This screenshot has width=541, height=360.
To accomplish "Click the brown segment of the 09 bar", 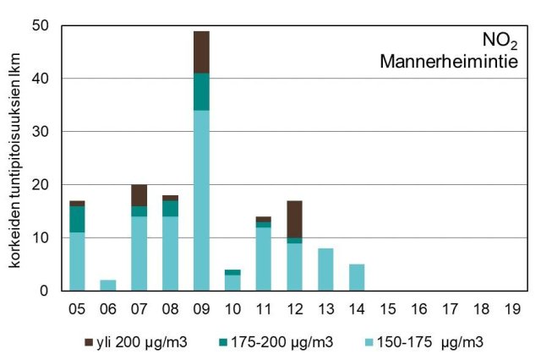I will (x=201, y=52).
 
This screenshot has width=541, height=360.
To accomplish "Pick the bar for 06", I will (x=108, y=286).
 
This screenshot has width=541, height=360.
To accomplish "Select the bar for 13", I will (x=325, y=270).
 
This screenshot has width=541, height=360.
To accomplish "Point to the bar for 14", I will (x=357, y=277).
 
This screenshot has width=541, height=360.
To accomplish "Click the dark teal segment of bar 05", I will (x=77, y=219).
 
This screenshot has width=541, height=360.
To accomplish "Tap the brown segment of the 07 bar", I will (x=139, y=195).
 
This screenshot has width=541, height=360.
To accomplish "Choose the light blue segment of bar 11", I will (x=264, y=259).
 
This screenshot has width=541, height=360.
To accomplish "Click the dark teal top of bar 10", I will (x=232, y=272).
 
